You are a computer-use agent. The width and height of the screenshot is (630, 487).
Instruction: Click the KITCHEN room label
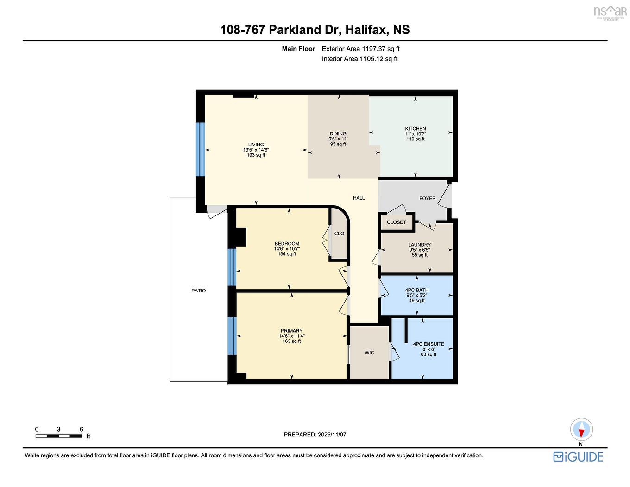pyautogui.click(x=415, y=129)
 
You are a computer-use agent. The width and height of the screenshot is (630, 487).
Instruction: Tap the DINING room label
pyautogui.click(x=338, y=134)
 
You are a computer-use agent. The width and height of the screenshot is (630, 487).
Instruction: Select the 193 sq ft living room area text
pyautogui.click(x=256, y=155)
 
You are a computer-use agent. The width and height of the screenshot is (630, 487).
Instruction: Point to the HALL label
pyautogui.click(x=359, y=198)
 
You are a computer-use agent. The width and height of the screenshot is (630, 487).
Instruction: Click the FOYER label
pyautogui.click(x=427, y=199)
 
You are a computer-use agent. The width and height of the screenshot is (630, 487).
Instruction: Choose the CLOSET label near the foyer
pyautogui.click(x=396, y=222)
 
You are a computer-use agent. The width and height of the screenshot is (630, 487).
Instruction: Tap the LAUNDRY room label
pyautogui.click(x=419, y=245)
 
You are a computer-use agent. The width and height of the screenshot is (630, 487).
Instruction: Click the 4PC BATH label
pyautogui.click(x=417, y=290)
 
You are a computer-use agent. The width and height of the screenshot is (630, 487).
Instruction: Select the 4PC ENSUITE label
pyautogui.click(x=428, y=344)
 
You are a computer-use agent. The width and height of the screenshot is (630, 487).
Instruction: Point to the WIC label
pyautogui.click(x=369, y=353)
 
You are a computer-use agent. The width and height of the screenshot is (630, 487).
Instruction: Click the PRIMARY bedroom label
pyautogui.click(x=291, y=331)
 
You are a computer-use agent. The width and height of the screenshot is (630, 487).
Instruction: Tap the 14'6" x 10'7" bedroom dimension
pyautogui.click(x=287, y=249)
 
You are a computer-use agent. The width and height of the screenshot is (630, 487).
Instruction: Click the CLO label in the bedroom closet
pyautogui.click(x=339, y=234)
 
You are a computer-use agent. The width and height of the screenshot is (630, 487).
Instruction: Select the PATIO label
pyautogui.click(x=198, y=291)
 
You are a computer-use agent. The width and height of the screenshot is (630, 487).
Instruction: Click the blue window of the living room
pyautogui.click(x=200, y=149)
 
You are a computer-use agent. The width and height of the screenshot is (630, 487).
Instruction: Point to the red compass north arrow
pyautogui.click(x=581, y=432)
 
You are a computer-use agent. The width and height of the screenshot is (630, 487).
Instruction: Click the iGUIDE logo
pyautogui.click(x=578, y=457)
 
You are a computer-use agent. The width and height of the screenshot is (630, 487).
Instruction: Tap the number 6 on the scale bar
pyautogui.click(x=82, y=430)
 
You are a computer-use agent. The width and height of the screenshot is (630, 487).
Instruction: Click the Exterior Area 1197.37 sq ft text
pyautogui.click(x=360, y=49)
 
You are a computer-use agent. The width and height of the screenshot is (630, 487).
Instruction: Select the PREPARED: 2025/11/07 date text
pyautogui.click(x=315, y=435)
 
